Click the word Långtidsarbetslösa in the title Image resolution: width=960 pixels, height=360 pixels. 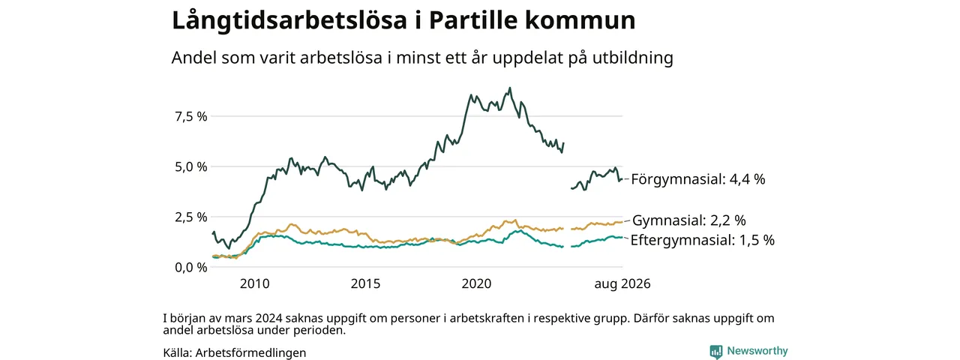click(x=289, y=21)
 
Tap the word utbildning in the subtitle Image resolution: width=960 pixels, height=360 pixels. click(x=633, y=58)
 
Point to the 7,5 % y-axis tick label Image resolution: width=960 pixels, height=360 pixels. click(x=191, y=116)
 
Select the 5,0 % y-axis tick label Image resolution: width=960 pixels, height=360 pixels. click(x=191, y=166)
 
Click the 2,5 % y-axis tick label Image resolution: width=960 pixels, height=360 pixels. click(x=191, y=217)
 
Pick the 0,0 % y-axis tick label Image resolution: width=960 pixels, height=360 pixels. click(x=191, y=268)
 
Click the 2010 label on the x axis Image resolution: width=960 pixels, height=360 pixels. click(x=254, y=283)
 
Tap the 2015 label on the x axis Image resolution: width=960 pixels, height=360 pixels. click(x=365, y=283)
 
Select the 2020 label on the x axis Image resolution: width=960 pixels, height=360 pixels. click(x=476, y=283)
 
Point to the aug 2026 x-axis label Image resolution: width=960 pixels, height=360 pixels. click(x=622, y=283)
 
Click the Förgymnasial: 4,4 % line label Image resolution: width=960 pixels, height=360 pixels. click(x=698, y=179)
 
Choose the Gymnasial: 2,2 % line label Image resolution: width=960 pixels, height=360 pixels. click(x=689, y=220)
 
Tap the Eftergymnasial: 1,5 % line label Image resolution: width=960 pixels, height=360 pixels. click(x=703, y=240)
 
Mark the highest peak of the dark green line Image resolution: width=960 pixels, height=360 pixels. click(x=509, y=88)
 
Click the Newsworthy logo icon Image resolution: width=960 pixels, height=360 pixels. click(x=716, y=352)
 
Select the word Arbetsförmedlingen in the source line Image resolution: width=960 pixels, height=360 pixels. click(x=250, y=353)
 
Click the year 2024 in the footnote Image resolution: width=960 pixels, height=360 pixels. click(x=269, y=319)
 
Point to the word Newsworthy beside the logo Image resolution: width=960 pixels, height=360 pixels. click(x=757, y=351)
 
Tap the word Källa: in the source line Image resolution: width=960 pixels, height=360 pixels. click(x=178, y=353)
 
